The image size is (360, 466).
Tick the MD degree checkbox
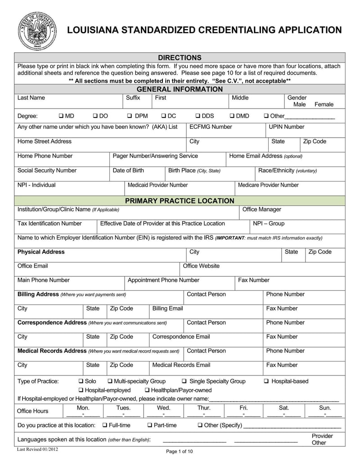[61, 116]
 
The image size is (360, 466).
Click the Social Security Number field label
[47, 171]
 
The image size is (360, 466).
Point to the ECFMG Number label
[211, 127]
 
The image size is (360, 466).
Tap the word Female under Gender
[324, 104]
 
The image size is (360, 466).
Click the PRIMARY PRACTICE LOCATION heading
[180, 201]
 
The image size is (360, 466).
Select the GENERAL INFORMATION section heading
[180, 89]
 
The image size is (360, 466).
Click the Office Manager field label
[261, 209]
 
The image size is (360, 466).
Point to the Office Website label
[201, 266]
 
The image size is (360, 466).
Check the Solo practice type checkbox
[81, 381]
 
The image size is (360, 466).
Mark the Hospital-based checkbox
[266, 381]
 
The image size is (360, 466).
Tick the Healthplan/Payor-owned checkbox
[147, 390]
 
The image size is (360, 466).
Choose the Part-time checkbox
[150, 425]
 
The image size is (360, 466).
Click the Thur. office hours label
[204, 408]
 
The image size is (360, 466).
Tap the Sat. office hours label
[284, 408]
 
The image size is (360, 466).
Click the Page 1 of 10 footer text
[179, 452]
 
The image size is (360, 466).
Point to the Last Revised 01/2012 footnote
[37, 449]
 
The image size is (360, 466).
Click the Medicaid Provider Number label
[157, 185]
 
